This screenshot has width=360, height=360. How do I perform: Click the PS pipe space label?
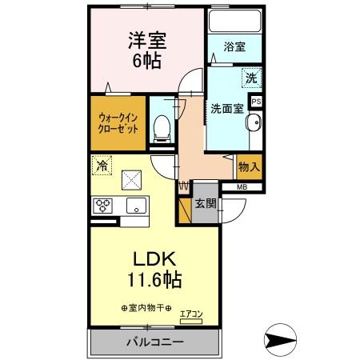[256, 102]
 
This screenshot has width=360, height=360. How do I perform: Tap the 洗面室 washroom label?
[226, 108]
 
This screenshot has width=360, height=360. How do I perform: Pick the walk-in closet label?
[118, 122]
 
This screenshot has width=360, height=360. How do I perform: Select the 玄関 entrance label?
[205, 202]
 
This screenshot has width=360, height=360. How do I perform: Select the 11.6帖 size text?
[151, 281]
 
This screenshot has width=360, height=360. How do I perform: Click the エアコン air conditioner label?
[191, 314]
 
